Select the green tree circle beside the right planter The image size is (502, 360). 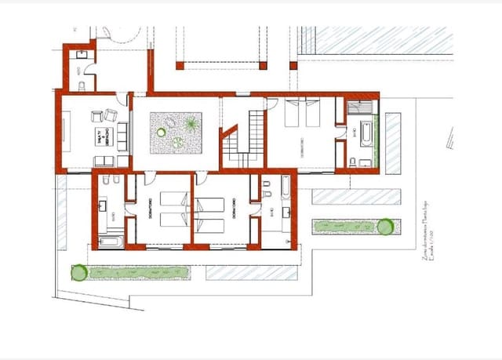click(385, 227)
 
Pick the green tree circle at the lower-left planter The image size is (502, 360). click(78, 273)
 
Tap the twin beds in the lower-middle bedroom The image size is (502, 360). click(210, 212)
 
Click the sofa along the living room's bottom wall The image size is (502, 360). click(112, 161)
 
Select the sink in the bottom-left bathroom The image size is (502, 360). click(104, 207)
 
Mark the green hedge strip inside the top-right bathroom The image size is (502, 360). click(376, 141)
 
